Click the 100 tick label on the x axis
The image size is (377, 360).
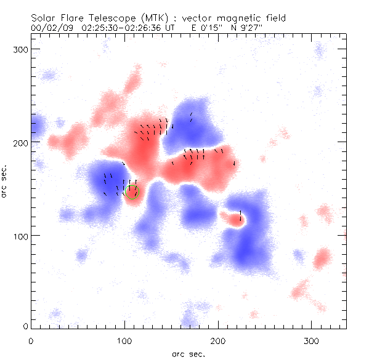124,340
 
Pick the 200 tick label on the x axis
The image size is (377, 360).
218,340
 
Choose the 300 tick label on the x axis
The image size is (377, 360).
312,340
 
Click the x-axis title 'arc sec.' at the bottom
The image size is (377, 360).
188,354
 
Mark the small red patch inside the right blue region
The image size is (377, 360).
233,217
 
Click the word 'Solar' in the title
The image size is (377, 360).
44,18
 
